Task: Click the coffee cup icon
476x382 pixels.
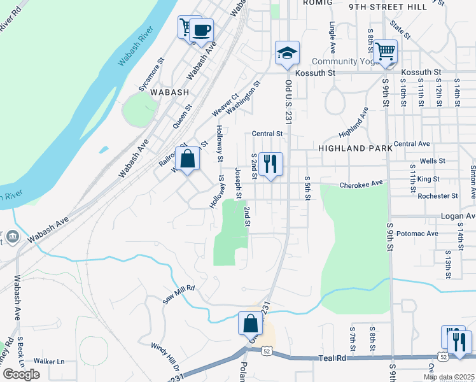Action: (201, 30)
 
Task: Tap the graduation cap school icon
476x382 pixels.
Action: (287, 53)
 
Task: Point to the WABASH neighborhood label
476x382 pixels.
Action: (170, 92)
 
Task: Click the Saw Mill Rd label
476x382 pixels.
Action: (178, 294)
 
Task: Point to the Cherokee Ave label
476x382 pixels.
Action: (362, 183)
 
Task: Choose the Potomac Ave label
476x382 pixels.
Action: (417, 234)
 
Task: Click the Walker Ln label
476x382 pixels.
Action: (49, 361)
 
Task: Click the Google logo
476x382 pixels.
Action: (21, 374)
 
